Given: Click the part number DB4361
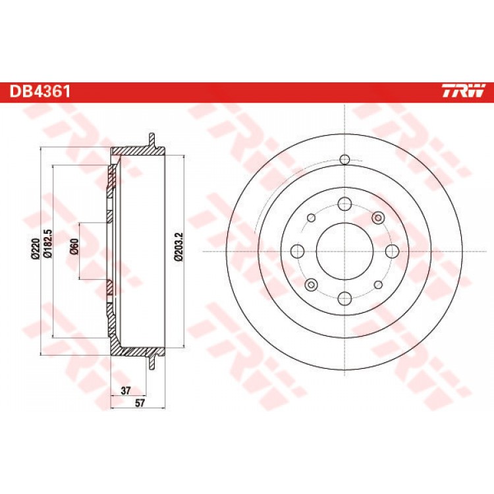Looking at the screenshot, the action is click(x=40, y=92).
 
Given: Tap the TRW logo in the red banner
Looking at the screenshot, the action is click(x=462, y=92).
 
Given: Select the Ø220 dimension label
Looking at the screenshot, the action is click(x=35, y=249).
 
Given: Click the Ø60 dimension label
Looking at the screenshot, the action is click(x=74, y=246).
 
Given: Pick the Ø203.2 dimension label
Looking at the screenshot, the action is click(x=178, y=247).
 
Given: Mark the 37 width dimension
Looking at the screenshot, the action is click(x=125, y=391).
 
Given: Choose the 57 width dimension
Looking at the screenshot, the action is click(x=139, y=403).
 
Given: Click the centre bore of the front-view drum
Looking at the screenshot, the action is click(x=345, y=251).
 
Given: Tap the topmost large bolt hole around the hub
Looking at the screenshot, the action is click(x=345, y=204).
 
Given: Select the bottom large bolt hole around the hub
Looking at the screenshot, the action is click(x=345, y=298).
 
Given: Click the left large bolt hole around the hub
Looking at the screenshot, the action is click(x=298, y=251).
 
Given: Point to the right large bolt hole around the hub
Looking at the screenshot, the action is click(x=393, y=251).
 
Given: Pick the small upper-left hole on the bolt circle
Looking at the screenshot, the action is click(x=312, y=217).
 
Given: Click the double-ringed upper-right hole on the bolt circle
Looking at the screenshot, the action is click(x=378, y=217).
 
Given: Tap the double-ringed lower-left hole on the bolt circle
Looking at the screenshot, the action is click(x=312, y=285).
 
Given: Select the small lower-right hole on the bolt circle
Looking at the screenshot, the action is click(x=378, y=285).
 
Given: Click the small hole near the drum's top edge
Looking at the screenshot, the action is click(x=345, y=159).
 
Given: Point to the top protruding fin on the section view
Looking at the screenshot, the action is click(x=152, y=140).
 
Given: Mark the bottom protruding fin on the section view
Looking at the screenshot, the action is click(x=152, y=362).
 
